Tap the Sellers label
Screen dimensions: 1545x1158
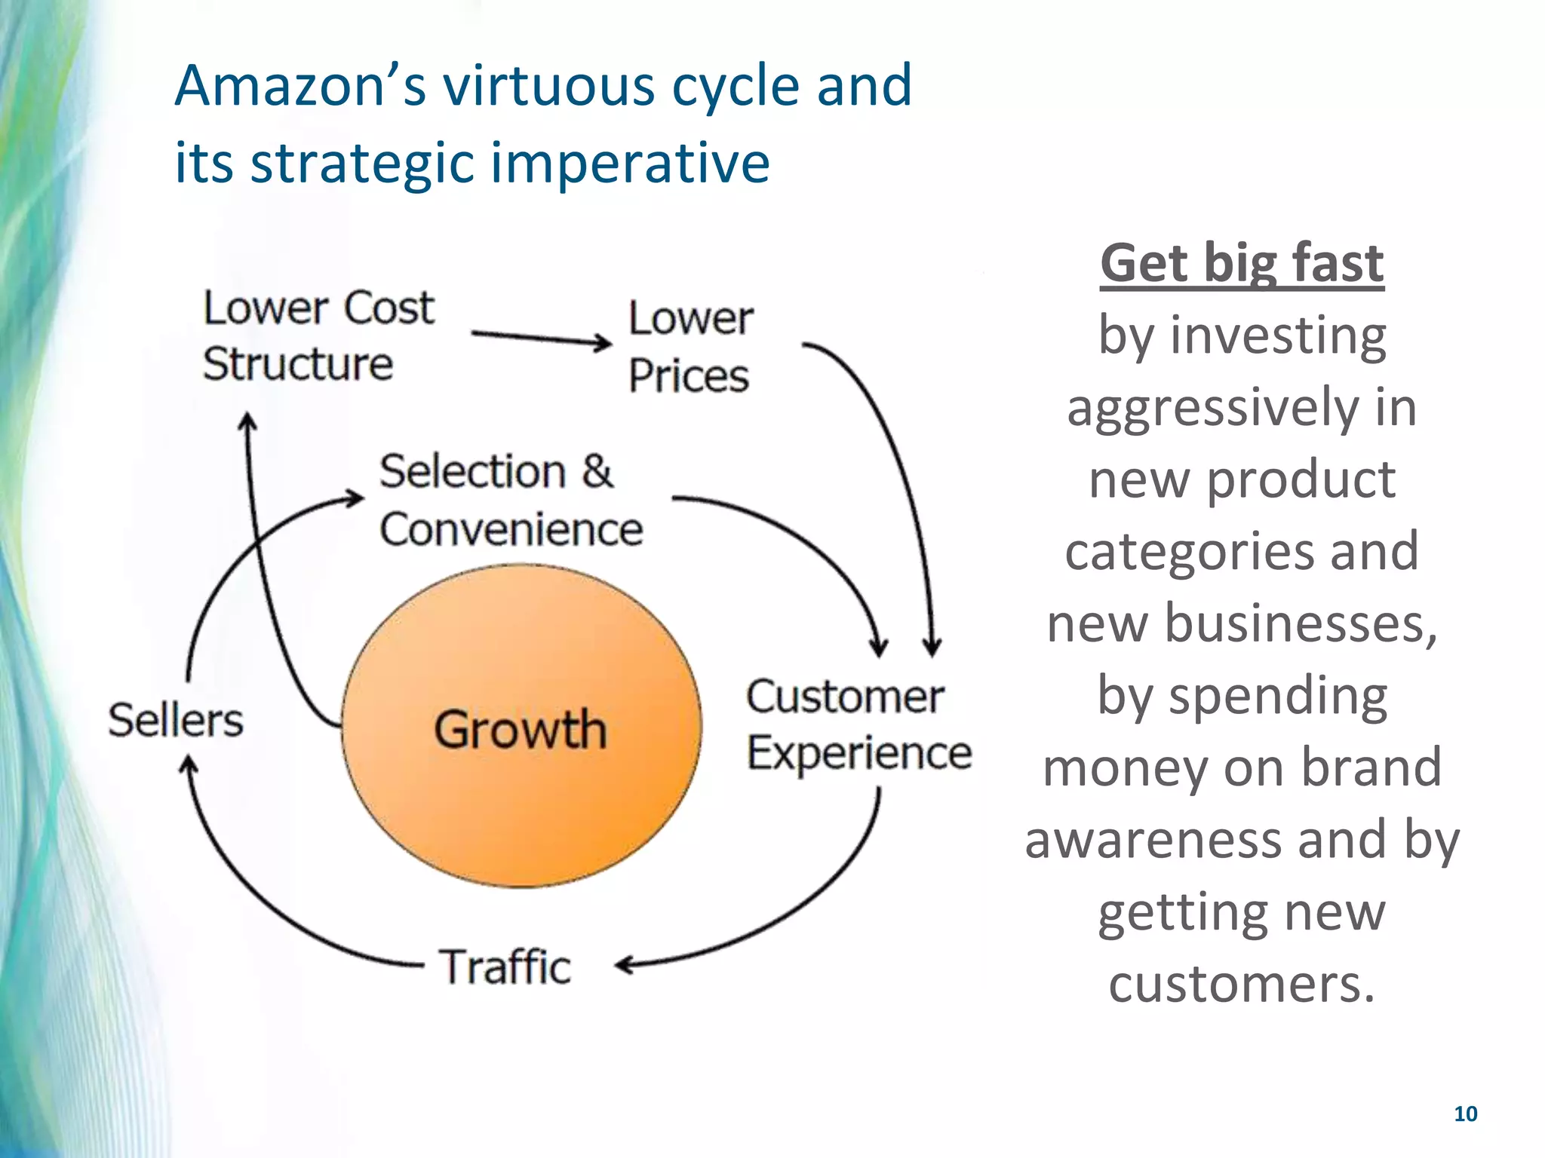(175, 720)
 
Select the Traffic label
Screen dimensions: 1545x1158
(505, 967)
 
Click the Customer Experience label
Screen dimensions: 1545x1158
(859, 725)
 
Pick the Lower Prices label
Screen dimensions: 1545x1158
(690, 347)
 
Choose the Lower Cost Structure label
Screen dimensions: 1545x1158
(318, 336)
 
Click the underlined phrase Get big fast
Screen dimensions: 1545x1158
(1242, 263)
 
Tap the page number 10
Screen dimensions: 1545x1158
(1465, 1114)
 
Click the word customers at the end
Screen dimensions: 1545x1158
(1242, 984)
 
